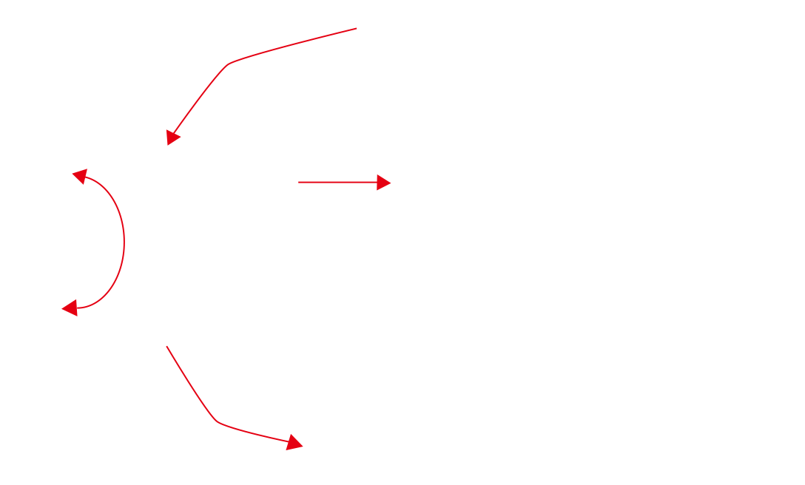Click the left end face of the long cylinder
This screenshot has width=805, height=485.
click(x=36, y=240)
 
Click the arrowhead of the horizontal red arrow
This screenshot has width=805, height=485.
click(x=383, y=182)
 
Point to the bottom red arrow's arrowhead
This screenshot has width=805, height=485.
click(x=295, y=442)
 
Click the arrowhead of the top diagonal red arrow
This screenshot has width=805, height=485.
click(x=172, y=138)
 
